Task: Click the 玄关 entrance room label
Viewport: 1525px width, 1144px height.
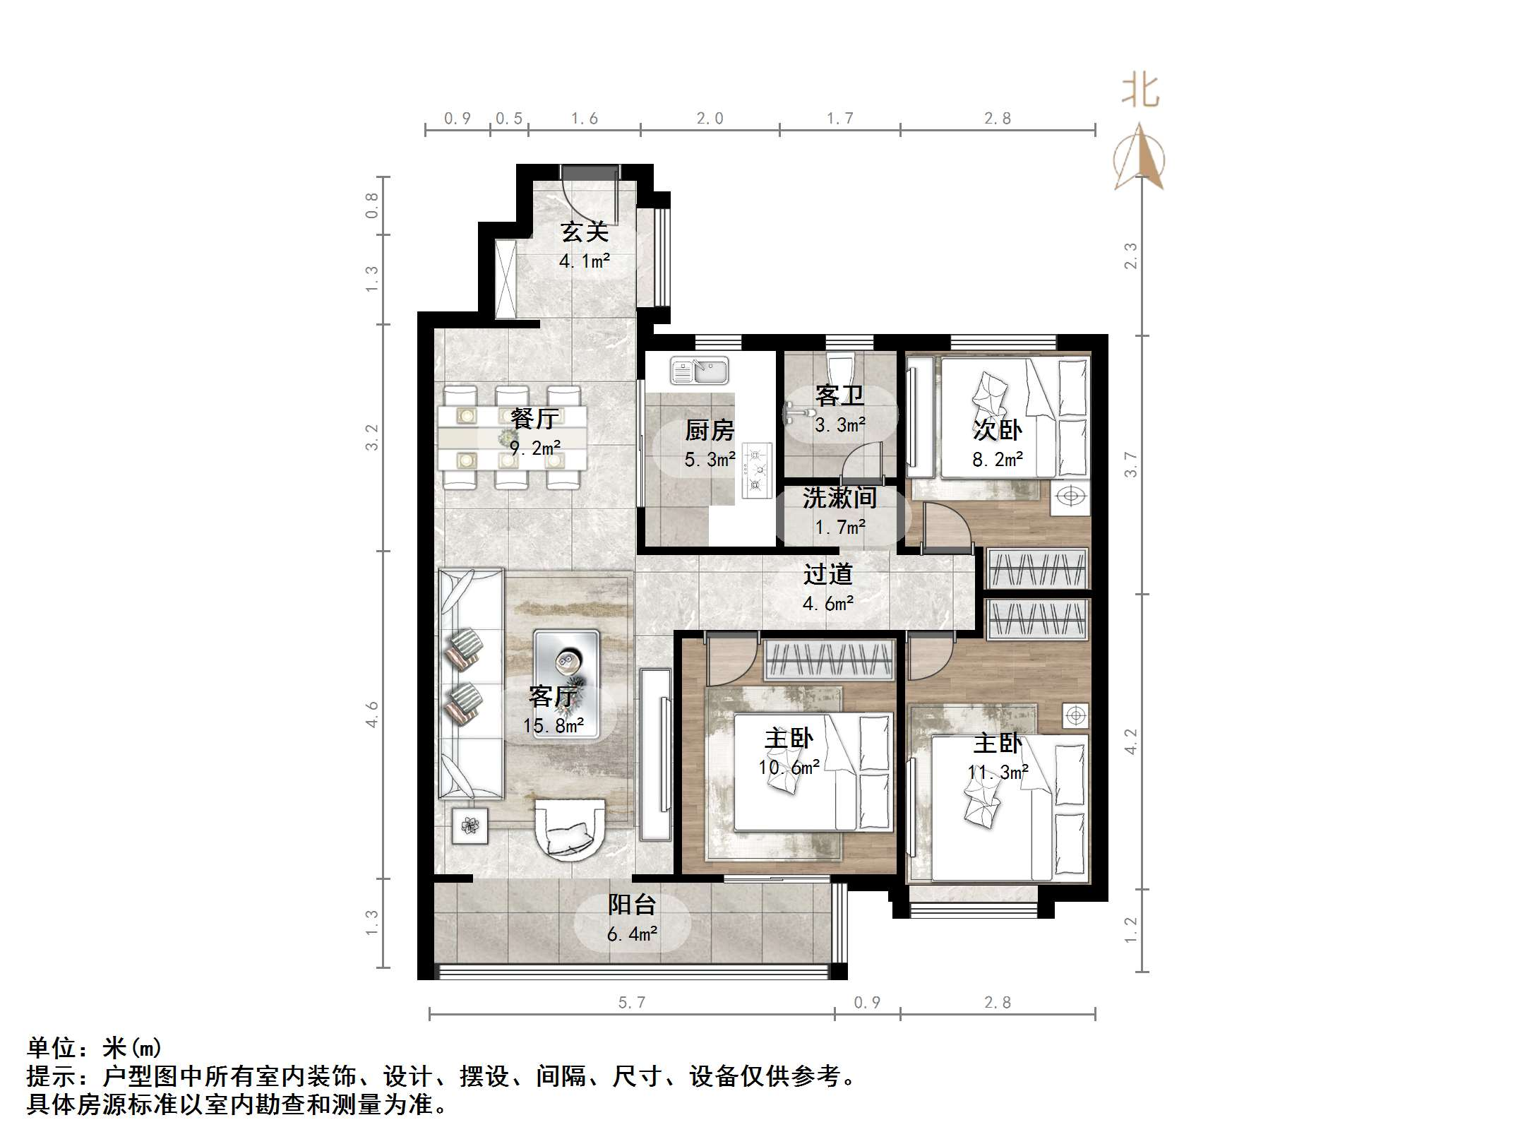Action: (584, 232)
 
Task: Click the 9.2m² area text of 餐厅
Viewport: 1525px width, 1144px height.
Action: (534, 448)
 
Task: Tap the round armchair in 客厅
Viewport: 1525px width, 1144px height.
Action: (570, 829)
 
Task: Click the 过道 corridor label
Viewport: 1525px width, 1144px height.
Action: (827, 574)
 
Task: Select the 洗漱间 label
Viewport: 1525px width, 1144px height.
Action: (839, 498)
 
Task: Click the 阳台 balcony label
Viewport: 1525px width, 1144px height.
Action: (632, 905)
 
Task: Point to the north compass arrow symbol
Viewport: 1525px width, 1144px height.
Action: (1139, 158)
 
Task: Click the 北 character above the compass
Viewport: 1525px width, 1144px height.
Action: (1140, 92)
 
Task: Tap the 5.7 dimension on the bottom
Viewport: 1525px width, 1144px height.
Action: (631, 1002)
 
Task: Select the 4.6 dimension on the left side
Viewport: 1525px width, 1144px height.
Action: (372, 714)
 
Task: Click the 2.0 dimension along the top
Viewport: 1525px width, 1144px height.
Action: (710, 119)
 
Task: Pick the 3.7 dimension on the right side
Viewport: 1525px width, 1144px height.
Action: (1130, 464)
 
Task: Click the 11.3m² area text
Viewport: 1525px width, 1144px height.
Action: (997, 773)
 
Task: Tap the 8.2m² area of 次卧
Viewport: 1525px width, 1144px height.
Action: (997, 460)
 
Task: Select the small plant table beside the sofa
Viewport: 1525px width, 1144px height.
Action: (470, 824)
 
